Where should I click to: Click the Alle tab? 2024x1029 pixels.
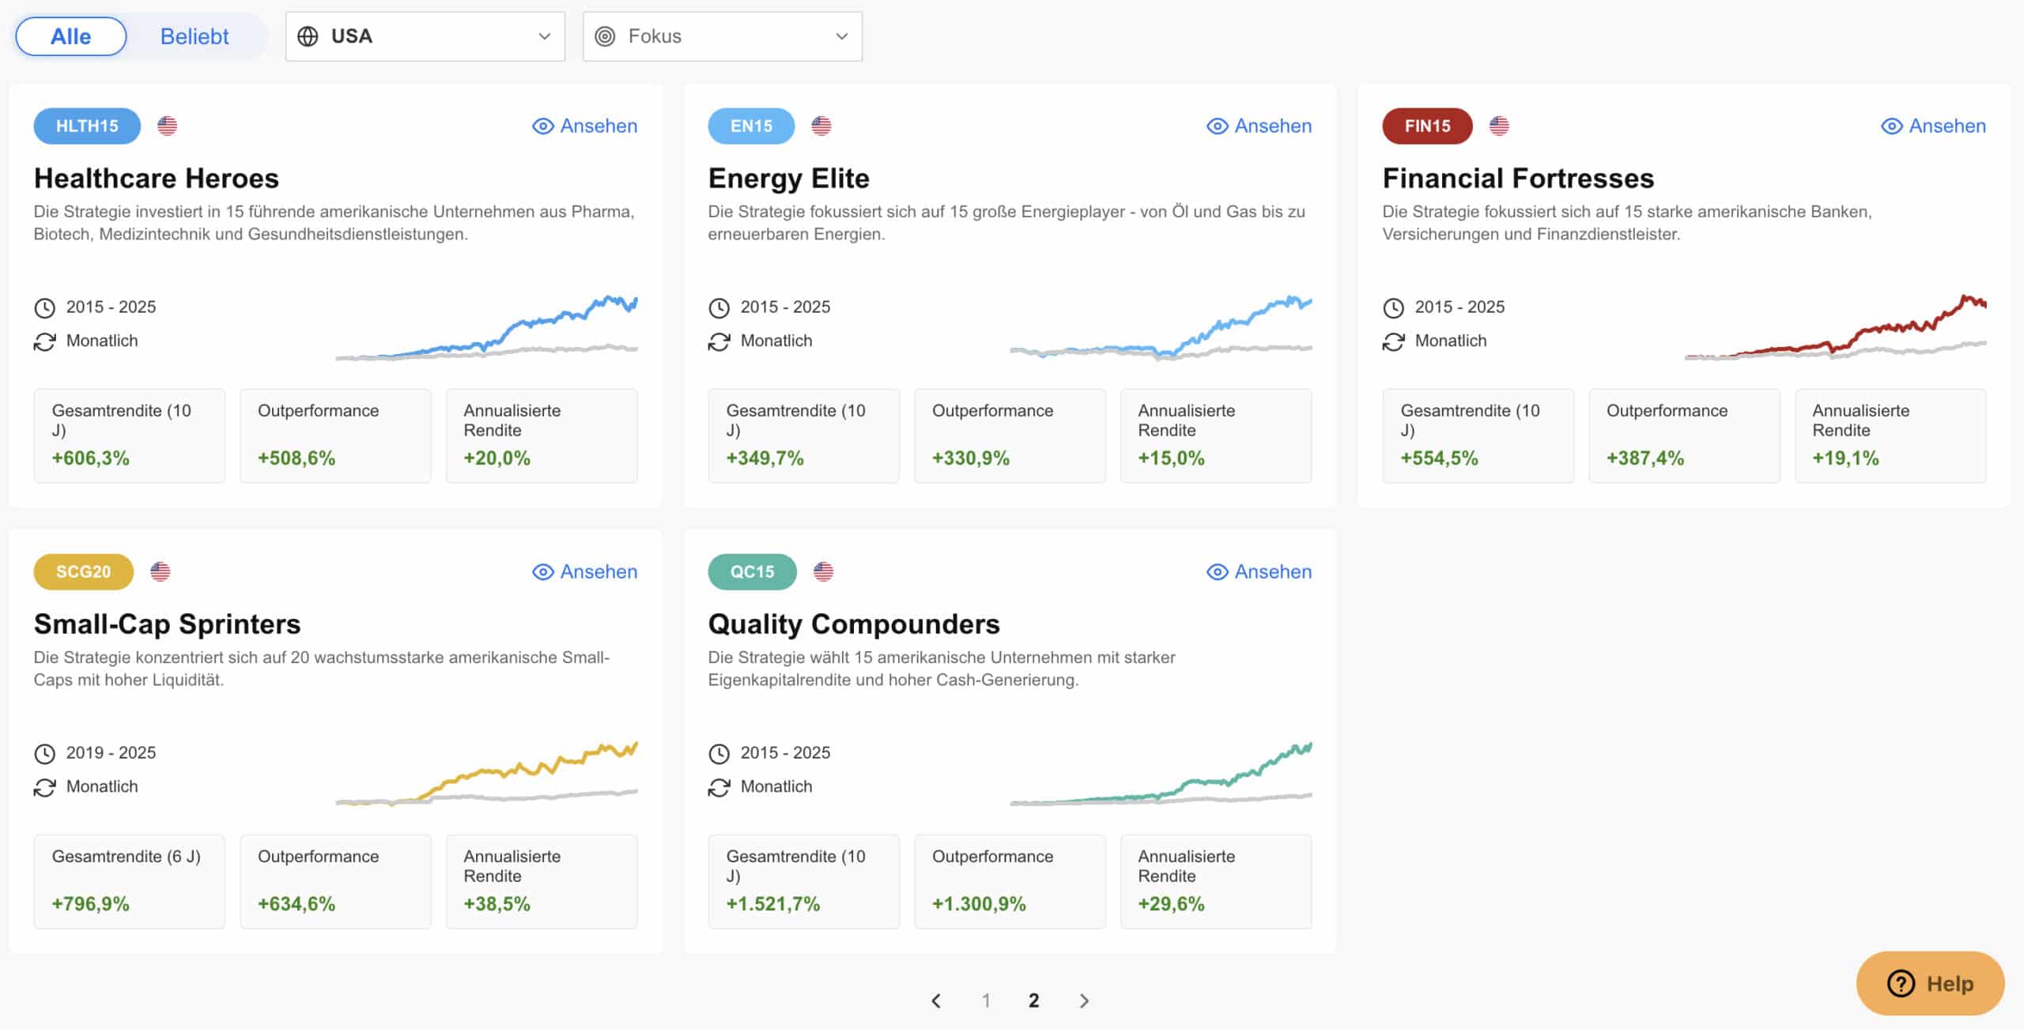pos(70,36)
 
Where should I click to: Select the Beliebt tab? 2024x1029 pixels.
pos(194,36)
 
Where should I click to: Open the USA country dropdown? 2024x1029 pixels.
pos(425,36)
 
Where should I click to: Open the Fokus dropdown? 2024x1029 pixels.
pos(722,36)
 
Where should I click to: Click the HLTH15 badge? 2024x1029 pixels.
pos(87,126)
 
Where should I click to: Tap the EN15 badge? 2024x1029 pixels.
pos(750,126)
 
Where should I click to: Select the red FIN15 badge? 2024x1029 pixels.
pos(1427,126)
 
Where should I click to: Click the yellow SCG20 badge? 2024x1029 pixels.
pos(83,571)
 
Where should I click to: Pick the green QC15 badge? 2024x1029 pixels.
pos(752,571)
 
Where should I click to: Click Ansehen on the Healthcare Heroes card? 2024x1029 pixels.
pos(585,126)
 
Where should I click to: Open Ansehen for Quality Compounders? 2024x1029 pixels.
pos(1259,571)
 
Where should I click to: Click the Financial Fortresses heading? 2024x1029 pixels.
pos(1517,179)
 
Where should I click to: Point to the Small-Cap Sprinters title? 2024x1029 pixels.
pos(167,624)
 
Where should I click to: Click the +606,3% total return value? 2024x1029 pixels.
pos(90,458)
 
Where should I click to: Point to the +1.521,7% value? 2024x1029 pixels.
pos(772,904)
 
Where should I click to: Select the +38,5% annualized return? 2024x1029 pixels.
pos(497,904)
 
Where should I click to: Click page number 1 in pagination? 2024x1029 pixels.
pos(986,1001)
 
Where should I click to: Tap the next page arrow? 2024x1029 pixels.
pos(1084,1001)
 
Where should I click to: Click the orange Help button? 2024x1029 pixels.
pos(1930,983)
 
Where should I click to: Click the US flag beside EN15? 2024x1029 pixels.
pos(821,126)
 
